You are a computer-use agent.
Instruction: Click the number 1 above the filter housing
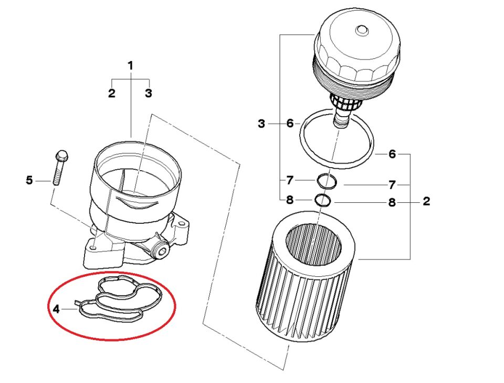[131, 66]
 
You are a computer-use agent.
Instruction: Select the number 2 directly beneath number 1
[111, 94]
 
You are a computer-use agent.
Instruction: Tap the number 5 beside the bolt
[29, 181]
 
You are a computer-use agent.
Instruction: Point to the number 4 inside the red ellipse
[56, 309]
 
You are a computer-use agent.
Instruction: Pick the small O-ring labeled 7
[327, 182]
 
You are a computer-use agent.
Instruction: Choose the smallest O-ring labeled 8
[322, 200]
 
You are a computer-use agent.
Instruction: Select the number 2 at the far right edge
[426, 201]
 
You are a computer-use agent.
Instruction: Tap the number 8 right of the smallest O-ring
[392, 202]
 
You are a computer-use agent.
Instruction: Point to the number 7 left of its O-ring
[290, 180]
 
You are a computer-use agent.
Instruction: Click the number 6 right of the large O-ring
[392, 154]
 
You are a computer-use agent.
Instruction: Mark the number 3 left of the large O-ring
[261, 124]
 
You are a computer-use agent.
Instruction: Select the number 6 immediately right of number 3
[290, 124]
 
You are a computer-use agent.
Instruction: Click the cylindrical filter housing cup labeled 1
[138, 184]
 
